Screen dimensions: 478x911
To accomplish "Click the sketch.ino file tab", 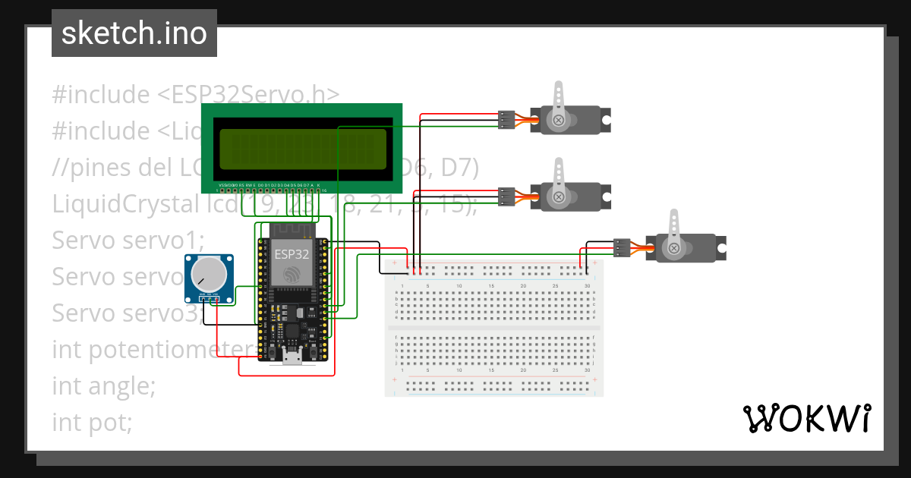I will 134,33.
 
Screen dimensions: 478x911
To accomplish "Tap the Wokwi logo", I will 806,418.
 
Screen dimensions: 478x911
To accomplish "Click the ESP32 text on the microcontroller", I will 292,254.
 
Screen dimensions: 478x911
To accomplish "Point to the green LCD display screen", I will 301,149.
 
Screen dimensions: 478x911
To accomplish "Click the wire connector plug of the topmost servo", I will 506,120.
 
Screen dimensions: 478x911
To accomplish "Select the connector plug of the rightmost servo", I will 622,247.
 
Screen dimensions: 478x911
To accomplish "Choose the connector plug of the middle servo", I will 506,197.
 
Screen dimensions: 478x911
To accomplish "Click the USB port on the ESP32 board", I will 292,357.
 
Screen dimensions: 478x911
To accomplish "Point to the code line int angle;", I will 103,385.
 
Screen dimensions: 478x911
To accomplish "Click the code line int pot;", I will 92,422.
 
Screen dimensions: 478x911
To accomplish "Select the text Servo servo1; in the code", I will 128,240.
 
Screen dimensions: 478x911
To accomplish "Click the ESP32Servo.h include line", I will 195,94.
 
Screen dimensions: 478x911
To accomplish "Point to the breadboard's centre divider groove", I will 493,328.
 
